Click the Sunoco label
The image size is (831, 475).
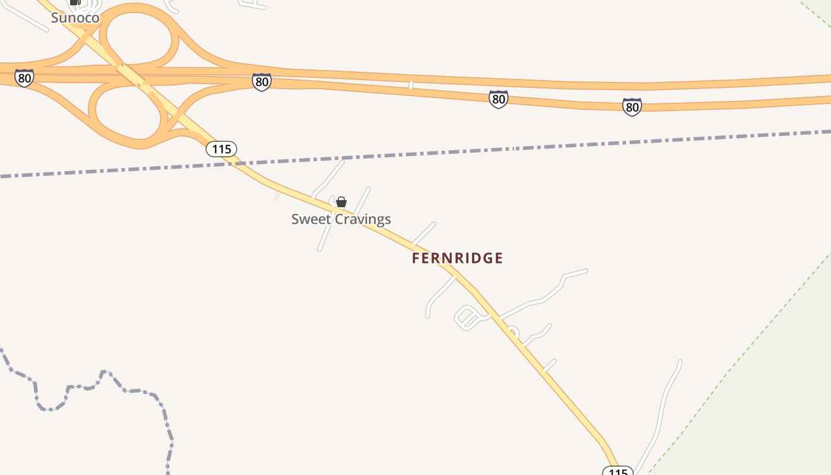pos(75,18)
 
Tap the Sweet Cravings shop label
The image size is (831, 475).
pos(341,219)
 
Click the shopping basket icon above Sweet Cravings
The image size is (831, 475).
pos(341,202)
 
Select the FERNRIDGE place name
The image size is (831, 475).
pos(457,258)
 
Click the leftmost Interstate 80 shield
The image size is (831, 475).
pos(24,78)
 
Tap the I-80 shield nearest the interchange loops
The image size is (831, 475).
pos(261,82)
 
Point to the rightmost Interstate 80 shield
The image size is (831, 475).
pos(632,107)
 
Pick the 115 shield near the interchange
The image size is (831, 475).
pos(221,149)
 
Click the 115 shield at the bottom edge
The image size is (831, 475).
pos(617,471)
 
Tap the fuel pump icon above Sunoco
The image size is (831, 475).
pos(75,2)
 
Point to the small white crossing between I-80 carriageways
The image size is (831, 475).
pos(411,85)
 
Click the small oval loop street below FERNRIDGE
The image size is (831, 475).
pos(467,318)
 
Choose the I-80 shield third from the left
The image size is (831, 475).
pos(499,99)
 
